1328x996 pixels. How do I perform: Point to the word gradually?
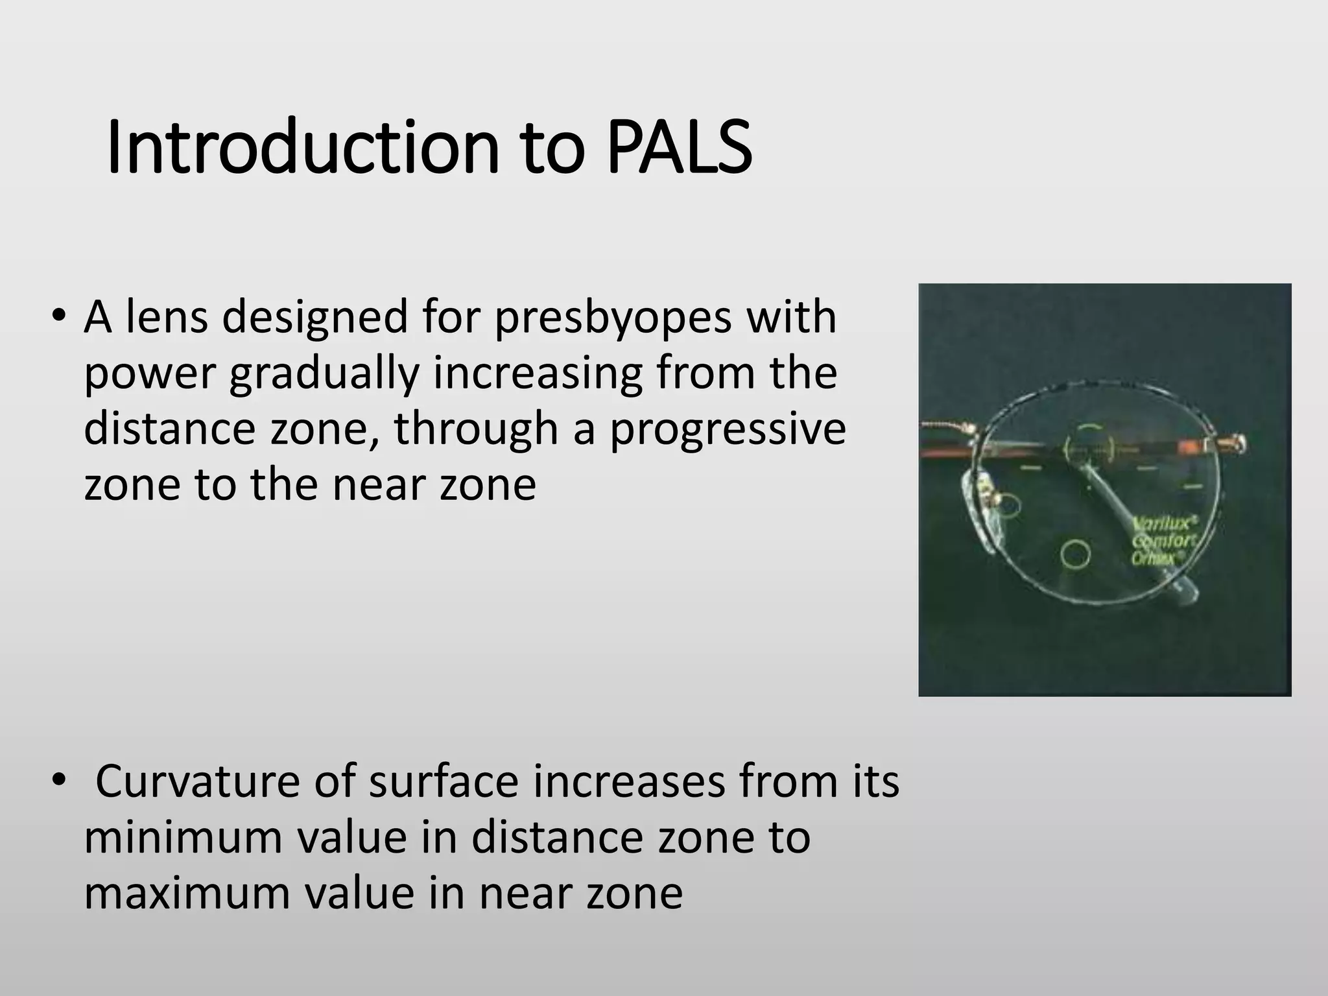click(324, 374)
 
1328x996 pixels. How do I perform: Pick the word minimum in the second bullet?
click(183, 838)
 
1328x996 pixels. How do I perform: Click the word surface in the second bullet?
click(444, 782)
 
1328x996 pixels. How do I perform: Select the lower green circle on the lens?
click(1075, 553)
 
